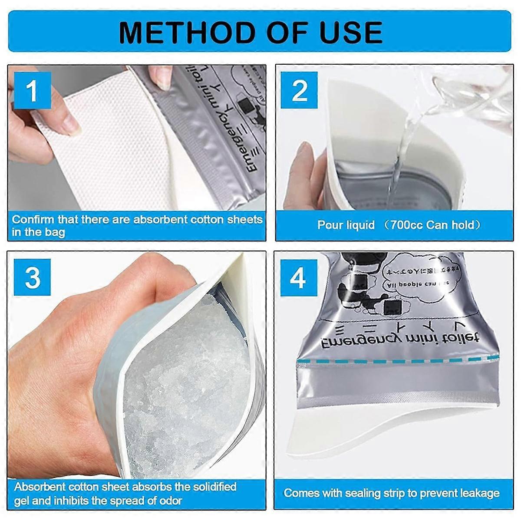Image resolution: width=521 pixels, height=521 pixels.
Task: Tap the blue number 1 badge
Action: pyautogui.click(x=32, y=91)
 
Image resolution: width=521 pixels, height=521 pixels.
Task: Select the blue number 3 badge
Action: pyautogui.click(x=33, y=277)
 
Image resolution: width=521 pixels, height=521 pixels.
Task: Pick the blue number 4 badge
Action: pyautogui.click(x=298, y=277)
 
